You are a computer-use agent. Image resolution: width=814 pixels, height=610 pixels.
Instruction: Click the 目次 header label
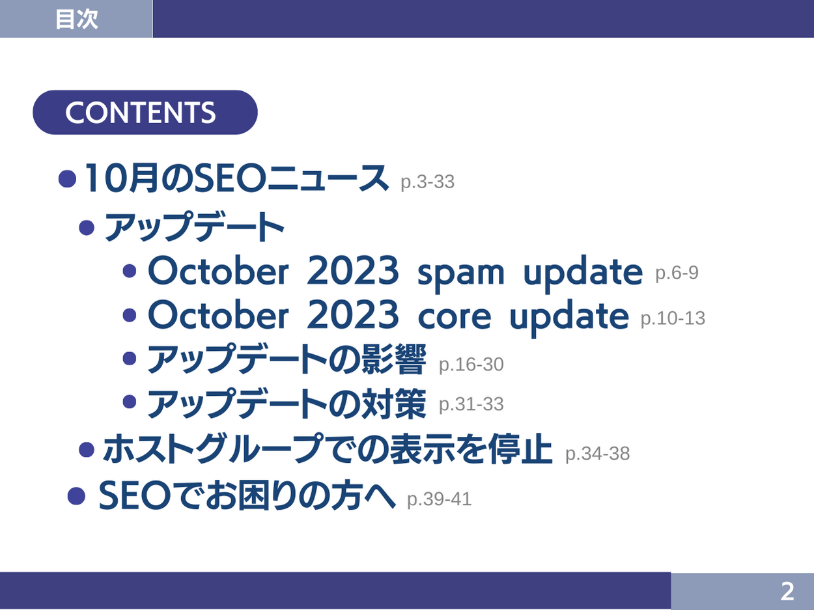click(x=77, y=20)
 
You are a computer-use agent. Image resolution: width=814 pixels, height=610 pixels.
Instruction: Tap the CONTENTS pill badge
click(x=145, y=112)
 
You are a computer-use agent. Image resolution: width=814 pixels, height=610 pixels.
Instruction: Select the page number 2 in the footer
click(x=787, y=592)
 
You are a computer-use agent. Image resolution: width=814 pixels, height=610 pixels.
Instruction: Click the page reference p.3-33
click(x=428, y=182)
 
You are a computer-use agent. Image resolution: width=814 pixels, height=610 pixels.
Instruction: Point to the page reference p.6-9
click(x=677, y=273)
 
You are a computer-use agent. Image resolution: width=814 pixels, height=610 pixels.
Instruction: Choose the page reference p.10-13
click(x=673, y=318)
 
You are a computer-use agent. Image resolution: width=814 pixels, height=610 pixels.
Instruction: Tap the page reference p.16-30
click(x=471, y=365)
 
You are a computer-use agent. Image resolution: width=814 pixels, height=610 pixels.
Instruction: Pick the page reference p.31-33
click(x=471, y=404)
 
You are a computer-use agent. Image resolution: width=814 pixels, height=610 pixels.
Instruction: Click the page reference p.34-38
click(x=597, y=454)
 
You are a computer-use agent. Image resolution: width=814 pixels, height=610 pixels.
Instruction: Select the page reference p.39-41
click(x=440, y=499)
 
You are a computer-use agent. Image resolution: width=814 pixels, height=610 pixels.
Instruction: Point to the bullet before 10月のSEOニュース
click(x=68, y=179)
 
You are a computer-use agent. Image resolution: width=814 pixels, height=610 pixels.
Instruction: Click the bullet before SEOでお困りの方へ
click(x=77, y=496)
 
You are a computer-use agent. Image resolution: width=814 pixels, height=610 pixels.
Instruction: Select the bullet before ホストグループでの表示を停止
click(x=87, y=450)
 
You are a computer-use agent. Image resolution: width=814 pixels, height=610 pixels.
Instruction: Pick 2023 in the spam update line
click(x=353, y=271)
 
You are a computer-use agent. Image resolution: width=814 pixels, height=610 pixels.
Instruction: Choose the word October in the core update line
click(x=218, y=314)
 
